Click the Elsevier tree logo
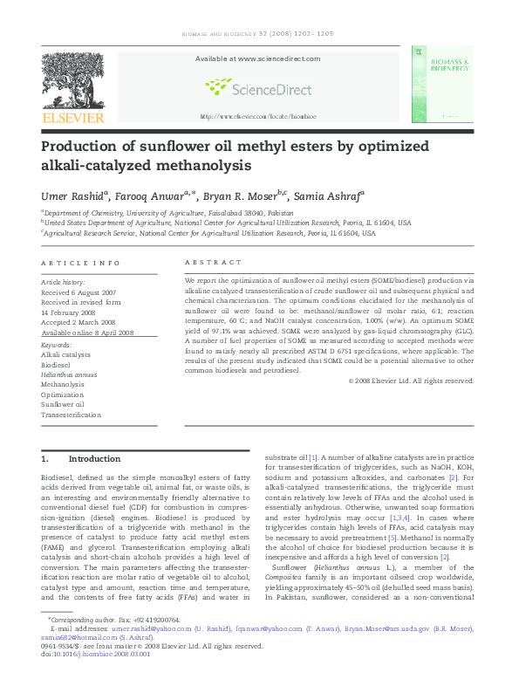[x=72, y=80]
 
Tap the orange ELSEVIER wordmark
[x=73, y=118]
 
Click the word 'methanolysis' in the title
[x=247, y=165]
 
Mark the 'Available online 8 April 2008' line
[x=87, y=333]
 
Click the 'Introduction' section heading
[x=94, y=459]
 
